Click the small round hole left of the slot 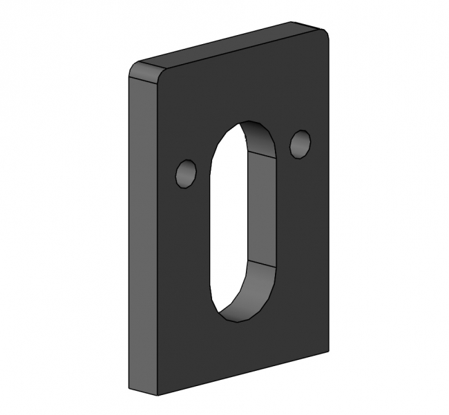pos(186,174)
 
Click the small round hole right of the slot pos(300,143)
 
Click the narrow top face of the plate pos(228,47)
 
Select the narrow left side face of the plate pos(142,234)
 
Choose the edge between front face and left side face pos(157,234)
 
